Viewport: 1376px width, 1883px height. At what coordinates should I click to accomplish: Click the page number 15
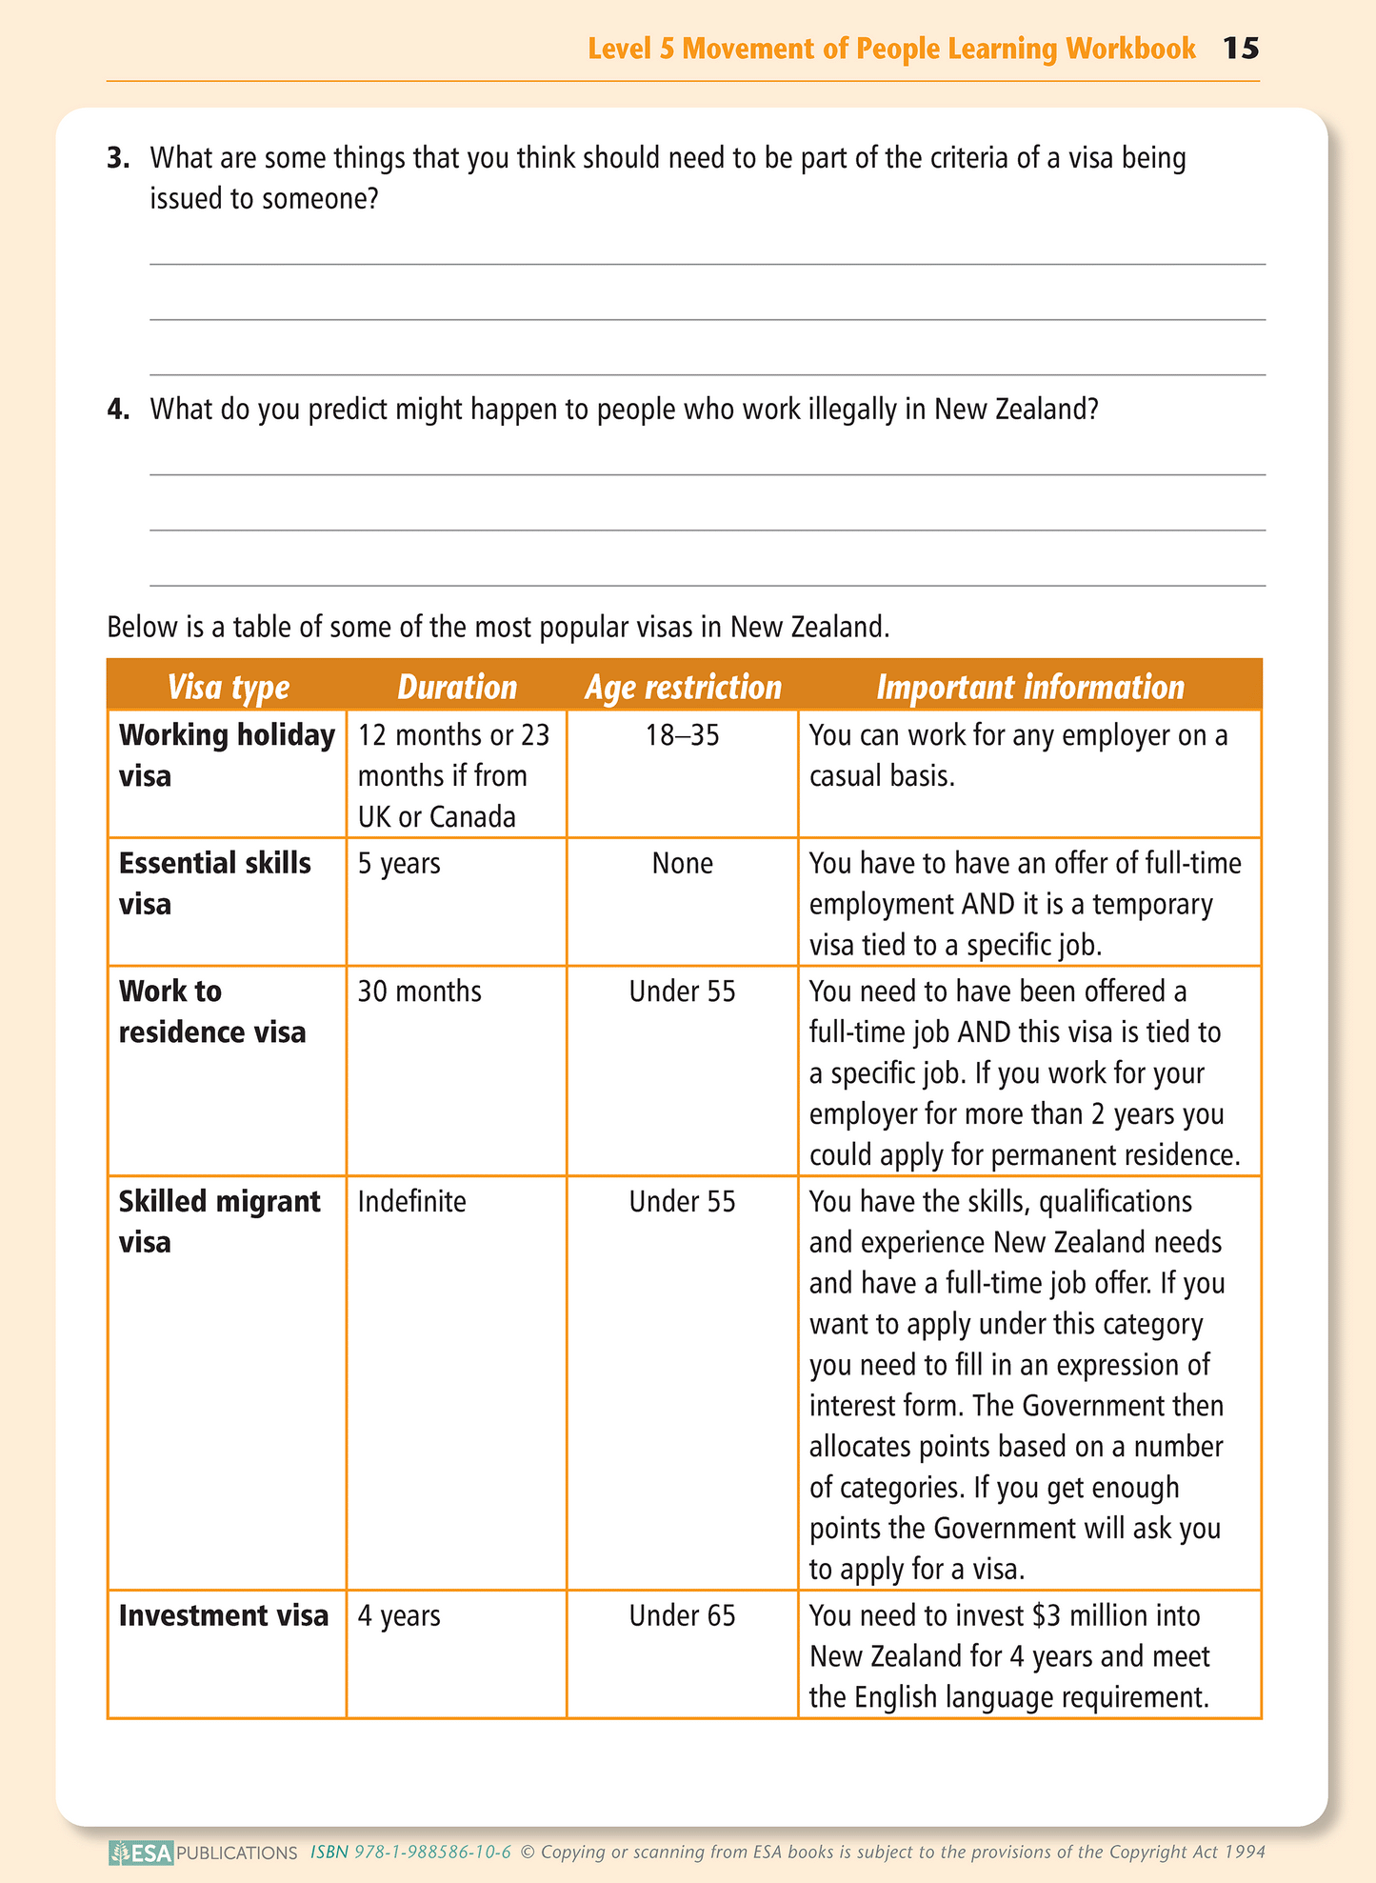(1241, 49)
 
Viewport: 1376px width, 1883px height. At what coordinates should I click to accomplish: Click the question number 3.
(118, 158)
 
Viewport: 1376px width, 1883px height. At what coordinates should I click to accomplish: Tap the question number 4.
(118, 410)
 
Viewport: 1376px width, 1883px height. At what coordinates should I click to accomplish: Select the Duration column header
(457, 687)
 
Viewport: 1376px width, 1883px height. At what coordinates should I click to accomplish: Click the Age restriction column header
(683, 687)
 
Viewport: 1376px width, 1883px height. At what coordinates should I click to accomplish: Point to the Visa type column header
(229, 687)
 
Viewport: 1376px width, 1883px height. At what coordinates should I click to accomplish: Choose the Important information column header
(1030, 687)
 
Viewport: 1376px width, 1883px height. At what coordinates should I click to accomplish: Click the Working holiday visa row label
(227, 755)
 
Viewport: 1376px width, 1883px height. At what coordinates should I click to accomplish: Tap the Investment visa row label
(224, 1615)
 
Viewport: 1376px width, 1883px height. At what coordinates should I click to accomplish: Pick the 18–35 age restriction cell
(683, 735)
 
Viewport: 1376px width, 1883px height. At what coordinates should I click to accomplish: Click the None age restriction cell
(683, 863)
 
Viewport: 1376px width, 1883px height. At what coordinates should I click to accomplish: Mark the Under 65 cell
(683, 1615)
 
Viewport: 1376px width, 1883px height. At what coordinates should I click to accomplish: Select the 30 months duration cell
(420, 992)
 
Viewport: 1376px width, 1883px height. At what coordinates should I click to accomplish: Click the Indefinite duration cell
(412, 1201)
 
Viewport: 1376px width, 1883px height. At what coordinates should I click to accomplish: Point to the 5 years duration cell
(399, 863)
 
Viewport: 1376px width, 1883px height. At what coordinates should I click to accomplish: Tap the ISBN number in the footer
(411, 1853)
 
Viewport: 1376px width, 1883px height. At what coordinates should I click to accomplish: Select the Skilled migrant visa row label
(220, 1221)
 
